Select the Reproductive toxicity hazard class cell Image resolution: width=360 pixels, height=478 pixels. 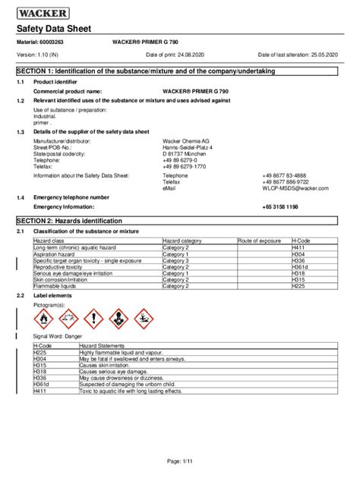coord(65,266)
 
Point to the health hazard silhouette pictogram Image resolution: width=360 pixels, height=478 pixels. coord(118,318)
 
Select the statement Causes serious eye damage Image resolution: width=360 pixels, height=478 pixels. coord(112,372)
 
